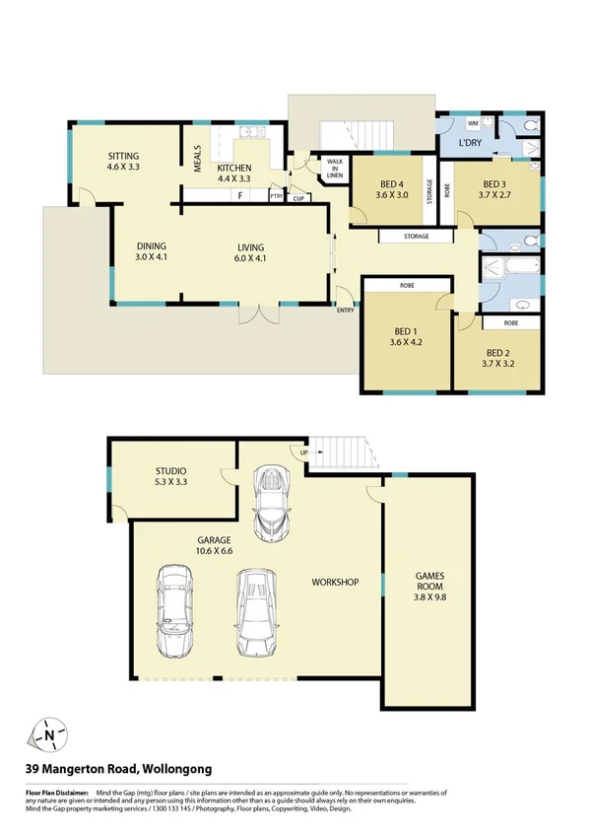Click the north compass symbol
[x=49, y=734]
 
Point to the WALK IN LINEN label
[x=334, y=170]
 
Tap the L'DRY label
[x=470, y=145]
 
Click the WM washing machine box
[x=473, y=123]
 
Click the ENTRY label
[x=346, y=311]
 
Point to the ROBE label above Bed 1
[x=407, y=285]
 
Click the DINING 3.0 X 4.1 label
[x=151, y=251]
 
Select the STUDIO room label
[x=170, y=476]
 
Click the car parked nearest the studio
[x=271, y=502]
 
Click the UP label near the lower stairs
[x=294, y=453]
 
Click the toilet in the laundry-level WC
[x=531, y=125]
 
